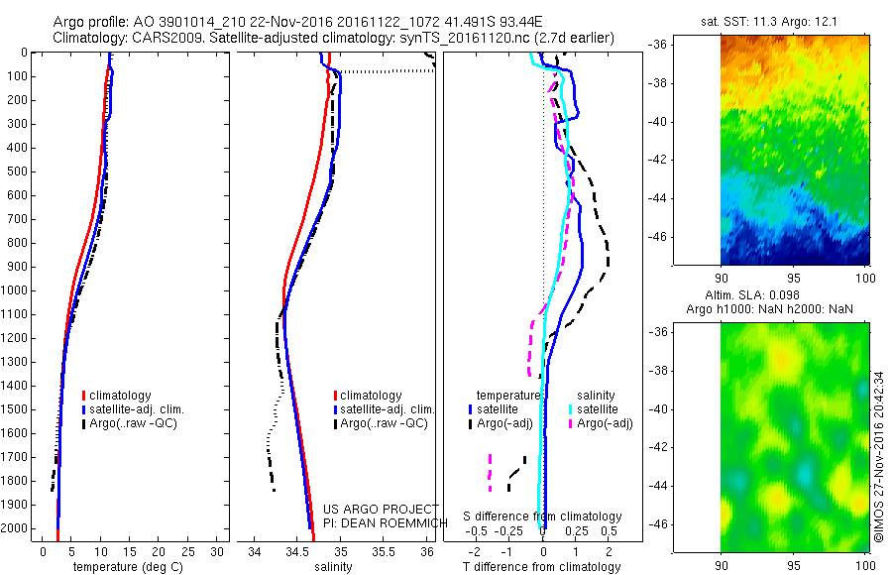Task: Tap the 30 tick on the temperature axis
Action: point(218,551)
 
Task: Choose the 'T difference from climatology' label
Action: point(543,567)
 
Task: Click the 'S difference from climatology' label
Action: point(543,517)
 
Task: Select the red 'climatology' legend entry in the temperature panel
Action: point(123,396)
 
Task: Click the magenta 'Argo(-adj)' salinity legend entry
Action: point(603,423)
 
